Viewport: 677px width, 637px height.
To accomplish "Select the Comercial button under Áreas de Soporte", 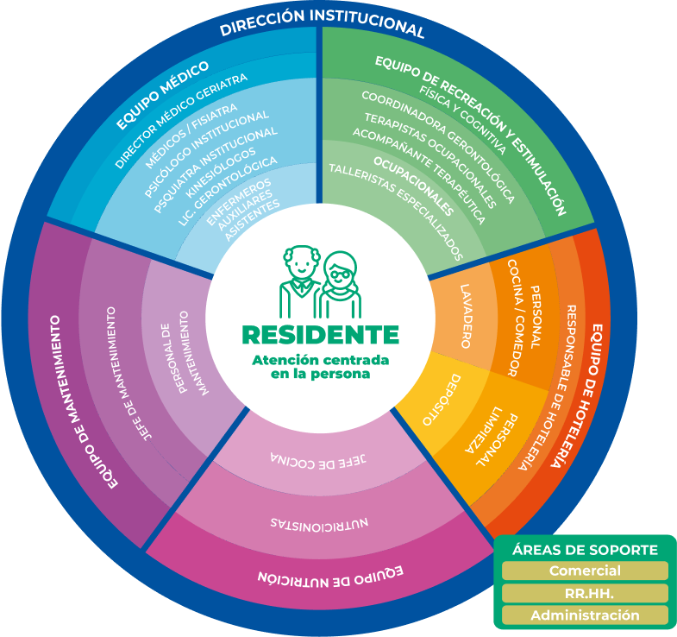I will [585, 571].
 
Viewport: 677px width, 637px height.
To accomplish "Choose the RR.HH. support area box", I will [585, 593].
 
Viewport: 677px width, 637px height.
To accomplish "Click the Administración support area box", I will [585, 615].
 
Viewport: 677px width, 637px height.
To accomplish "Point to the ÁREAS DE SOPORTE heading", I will [585, 550].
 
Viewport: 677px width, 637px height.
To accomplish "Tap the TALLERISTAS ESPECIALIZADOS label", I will [396, 210].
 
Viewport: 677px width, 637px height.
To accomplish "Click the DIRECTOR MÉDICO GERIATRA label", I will [181, 120].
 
